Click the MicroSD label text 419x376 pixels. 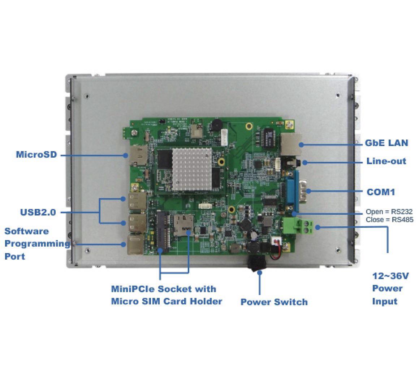(x=36, y=155)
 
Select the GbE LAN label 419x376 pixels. (x=386, y=143)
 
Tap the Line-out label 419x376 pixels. (x=386, y=161)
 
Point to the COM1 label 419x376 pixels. (x=381, y=192)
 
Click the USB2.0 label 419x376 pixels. (x=38, y=212)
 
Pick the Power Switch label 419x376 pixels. (x=274, y=302)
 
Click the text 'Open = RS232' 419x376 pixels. (x=389, y=212)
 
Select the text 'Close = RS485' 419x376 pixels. (x=389, y=219)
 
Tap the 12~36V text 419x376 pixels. (x=390, y=276)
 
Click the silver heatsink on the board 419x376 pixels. (x=192, y=169)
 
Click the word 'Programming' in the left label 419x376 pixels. (x=37, y=244)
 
